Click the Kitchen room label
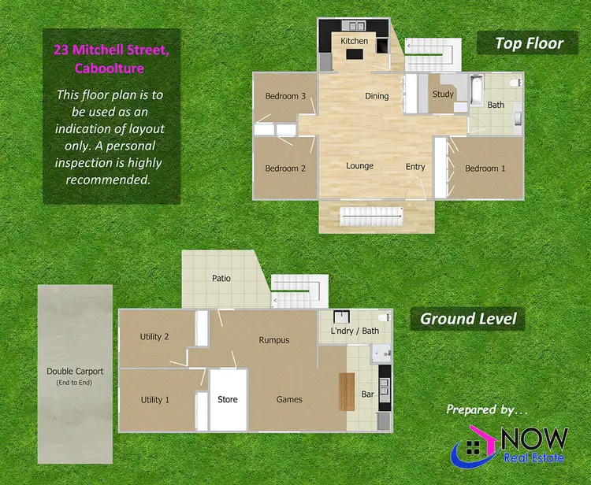(x=355, y=41)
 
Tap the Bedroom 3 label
(x=285, y=97)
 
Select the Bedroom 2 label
(x=285, y=168)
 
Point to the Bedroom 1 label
(x=485, y=168)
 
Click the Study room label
(x=443, y=94)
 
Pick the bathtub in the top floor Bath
(x=477, y=91)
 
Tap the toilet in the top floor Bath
(x=515, y=81)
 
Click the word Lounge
(x=359, y=166)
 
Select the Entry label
(x=415, y=167)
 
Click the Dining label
(x=377, y=97)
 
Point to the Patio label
(x=221, y=278)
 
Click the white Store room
(x=228, y=400)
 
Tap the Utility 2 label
(x=154, y=337)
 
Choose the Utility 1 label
(x=154, y=400)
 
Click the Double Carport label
(x=75, y=372)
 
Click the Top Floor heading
(x=529, y=43)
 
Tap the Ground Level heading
(x=468, y=319)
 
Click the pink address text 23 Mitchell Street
(x=110, y=50)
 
